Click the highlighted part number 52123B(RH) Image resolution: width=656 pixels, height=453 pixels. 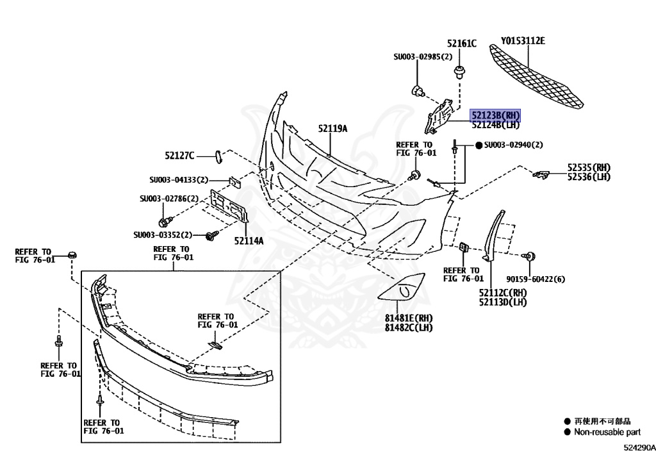pos(495,115)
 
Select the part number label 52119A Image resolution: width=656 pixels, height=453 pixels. pos(332,128)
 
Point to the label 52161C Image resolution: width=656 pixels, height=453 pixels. pos(461,44)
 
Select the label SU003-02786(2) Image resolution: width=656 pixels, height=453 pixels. pos(169,199)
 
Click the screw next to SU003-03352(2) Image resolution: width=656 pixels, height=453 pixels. pos(210,236)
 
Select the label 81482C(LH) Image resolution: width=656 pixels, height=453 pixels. pos(409,327)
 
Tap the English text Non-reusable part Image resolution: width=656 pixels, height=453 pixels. pos(607,432)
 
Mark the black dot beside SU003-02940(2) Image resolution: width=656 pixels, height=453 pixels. pos(478,145)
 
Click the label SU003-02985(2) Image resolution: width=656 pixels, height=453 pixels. pos(422,56)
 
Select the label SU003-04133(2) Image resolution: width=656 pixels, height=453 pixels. pos(179,180)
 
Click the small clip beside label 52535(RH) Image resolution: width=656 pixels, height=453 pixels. pos(542,173)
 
